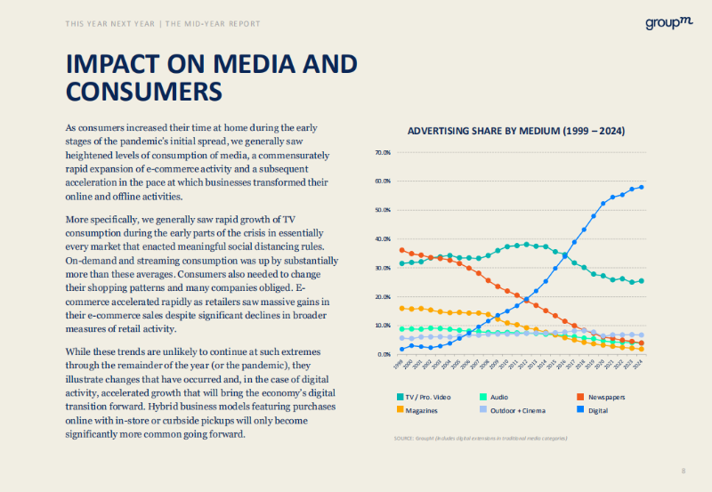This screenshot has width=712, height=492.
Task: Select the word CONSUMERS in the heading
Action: click(x=143, y=92)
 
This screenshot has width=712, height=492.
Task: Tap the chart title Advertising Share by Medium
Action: click(x=516, y=131)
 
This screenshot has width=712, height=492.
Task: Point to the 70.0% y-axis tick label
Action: click(x=383, y=153)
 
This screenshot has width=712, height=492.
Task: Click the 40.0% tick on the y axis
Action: click(x=383, y=239)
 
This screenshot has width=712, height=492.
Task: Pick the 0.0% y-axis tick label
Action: click(x=384, y=354)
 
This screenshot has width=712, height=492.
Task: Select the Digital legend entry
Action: click(x=598, y=409)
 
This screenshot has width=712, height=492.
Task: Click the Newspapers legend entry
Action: click(x=603, y=396)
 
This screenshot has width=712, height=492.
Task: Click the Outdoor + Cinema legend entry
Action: click(x=524, y=409)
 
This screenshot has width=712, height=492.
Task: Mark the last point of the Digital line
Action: click(x=642, y=187)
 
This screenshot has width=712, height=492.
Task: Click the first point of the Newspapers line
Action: click(x=402, y=250)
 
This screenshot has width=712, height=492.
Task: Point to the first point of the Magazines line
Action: click(x=402, y=309)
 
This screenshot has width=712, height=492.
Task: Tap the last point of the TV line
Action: click(x=642, y=281)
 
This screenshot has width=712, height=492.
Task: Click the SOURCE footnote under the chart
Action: click(x=481, y=439)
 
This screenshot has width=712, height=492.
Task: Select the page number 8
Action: click(x=683, y=471)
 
